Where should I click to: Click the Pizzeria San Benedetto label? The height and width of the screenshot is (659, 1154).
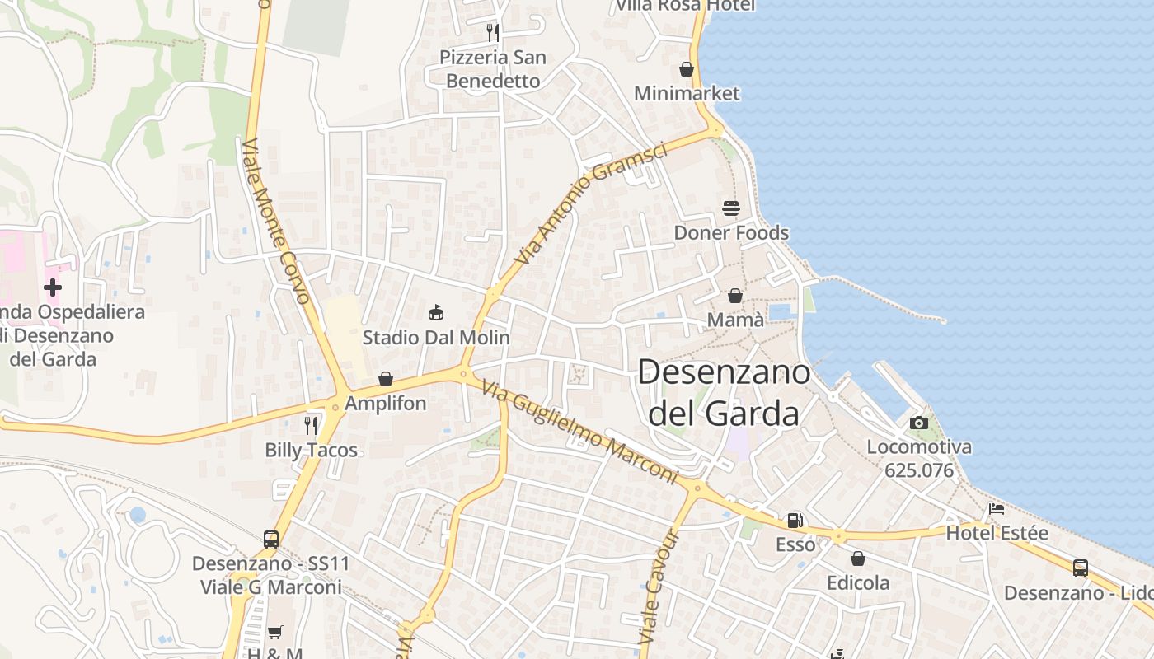[492, 69]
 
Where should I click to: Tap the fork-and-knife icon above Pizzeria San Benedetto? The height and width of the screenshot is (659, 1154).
[493, 33]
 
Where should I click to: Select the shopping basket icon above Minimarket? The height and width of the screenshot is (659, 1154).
[686, 69]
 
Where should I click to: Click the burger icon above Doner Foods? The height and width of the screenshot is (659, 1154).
[731, 208]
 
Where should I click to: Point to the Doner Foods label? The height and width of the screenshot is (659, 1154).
[731, 233]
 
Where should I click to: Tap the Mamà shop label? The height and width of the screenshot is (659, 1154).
[735, 320]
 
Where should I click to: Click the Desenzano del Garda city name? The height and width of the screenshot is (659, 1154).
[724, 392]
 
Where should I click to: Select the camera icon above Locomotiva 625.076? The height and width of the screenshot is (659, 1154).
[919, 423]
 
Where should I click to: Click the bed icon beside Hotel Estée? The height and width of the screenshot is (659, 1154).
[997, 509]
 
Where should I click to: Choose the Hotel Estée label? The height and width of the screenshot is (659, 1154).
[997, 533]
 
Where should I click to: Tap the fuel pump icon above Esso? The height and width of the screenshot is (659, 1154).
[795, 521]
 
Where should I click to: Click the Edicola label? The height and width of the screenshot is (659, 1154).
[858, 583]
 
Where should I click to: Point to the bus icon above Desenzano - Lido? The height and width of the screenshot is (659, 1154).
[1081, 568]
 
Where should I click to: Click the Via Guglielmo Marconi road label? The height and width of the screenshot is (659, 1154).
[579, 432]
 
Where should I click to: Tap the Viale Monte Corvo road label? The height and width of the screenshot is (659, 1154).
[275, 221]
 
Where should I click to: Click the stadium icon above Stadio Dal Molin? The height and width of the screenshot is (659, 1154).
[436, 312]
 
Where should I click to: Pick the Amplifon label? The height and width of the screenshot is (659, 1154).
[385, 404]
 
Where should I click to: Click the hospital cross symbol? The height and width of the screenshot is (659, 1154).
[53, 287]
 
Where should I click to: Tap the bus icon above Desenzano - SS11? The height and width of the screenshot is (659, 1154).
[271, 540]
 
